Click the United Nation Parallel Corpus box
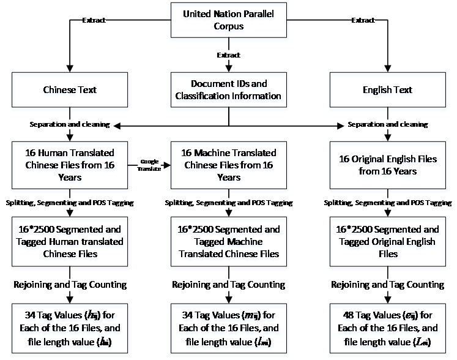pyautogui.click(x=228, y=21)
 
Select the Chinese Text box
pyautogui.click(x=70, y=91)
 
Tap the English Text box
pyautogui.click(x=388, y=91)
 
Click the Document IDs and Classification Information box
pyautogui.click(x=228, y=90)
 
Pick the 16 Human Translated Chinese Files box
pyautogui.click(x=70, y=165)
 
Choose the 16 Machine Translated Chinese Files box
pyautogui.click(x=228, y=165)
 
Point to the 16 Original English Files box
pyautogui.click(x=388, y=165)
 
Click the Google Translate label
pyautogui.click(x=149, y=165)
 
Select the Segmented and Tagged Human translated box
pyautogui.click(x=70, y=242)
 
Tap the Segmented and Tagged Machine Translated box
pyautogui.click(x=228, y=242)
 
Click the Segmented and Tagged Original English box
pyautogui.click(x=388, y=242)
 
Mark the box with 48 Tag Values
pyautogui.click(x=388, y=329)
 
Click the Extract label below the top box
pyautogui.click(x=229, y=56)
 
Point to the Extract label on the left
pyautogui.click(x=94, y=20)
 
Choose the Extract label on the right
pyautogui.click(x=363, y=20)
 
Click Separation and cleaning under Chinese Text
pyautogui.click(x=70, y=124)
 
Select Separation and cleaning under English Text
pyautogui.click(x=388, y=124)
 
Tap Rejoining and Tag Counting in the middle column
pyautogui.click(x=228, y=285)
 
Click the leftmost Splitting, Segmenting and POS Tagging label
pyautogui.click(x=70, y=203)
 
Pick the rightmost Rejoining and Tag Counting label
pyautogui.click(x=388, y=285)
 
